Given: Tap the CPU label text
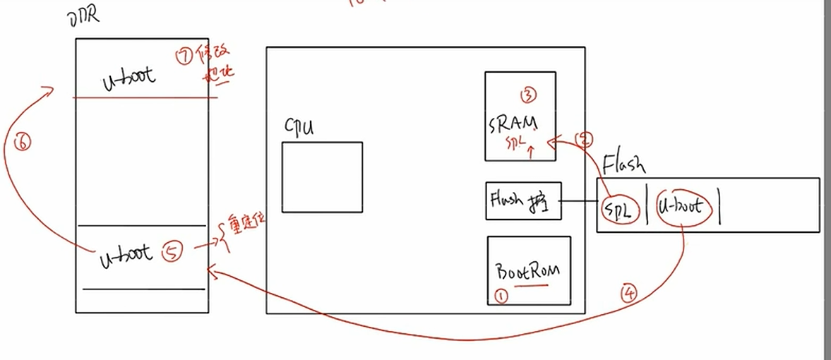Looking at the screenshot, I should tap(299, 128).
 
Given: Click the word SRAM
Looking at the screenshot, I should tap(513, 124).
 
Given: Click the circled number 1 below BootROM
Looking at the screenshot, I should tap(501, 296).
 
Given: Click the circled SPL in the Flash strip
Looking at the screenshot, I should tap(618, 209).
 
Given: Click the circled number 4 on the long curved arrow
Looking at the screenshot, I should tap(628, 292).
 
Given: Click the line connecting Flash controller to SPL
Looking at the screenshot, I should tap(578, 202).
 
